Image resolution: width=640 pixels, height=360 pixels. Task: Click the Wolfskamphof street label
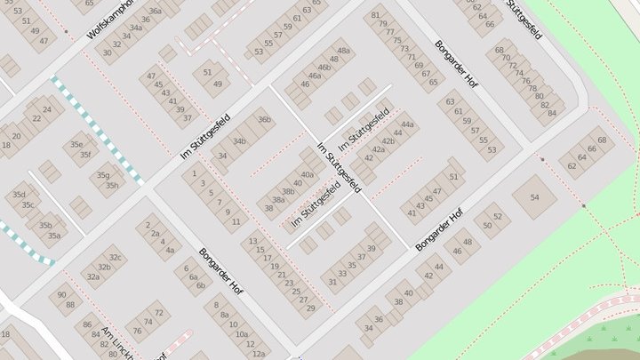110,20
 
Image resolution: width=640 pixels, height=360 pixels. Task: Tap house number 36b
264,119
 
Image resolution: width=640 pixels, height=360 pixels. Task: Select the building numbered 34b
240,141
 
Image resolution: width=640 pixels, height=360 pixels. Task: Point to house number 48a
343,50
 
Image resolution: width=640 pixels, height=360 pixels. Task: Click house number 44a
407,124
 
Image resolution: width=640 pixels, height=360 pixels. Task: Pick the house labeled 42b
388,141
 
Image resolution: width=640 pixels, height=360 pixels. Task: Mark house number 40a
308,174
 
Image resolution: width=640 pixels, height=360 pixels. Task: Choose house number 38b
288,191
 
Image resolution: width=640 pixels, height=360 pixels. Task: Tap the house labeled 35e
77,144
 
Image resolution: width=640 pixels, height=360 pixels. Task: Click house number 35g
102,175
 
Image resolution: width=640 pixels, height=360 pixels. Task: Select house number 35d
18,195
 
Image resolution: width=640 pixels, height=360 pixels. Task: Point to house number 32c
115,257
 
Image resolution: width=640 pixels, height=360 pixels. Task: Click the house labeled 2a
155,234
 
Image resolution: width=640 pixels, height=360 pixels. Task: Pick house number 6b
201,285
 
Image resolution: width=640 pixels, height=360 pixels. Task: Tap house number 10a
241,334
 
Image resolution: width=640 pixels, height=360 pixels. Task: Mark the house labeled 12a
258,353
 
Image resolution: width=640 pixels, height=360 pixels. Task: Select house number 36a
155,12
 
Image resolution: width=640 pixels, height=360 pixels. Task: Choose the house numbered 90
61,294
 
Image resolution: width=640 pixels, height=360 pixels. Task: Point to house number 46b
324,67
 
